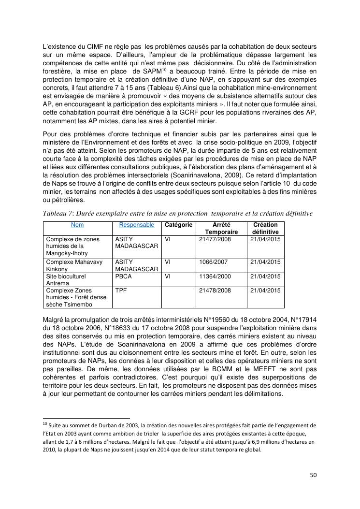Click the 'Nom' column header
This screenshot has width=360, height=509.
tap(77, 225)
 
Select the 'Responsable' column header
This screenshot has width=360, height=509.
tap(137, 225)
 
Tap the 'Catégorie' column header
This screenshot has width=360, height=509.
tap(179, 225)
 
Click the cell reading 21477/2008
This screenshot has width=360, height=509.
tap(215, 239)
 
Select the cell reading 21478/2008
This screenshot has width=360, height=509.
tap(215, 291)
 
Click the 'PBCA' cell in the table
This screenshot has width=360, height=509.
tap(124, 276)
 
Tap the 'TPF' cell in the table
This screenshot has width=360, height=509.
tap(121, 291)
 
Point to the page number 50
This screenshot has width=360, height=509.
tap(313, 475)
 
